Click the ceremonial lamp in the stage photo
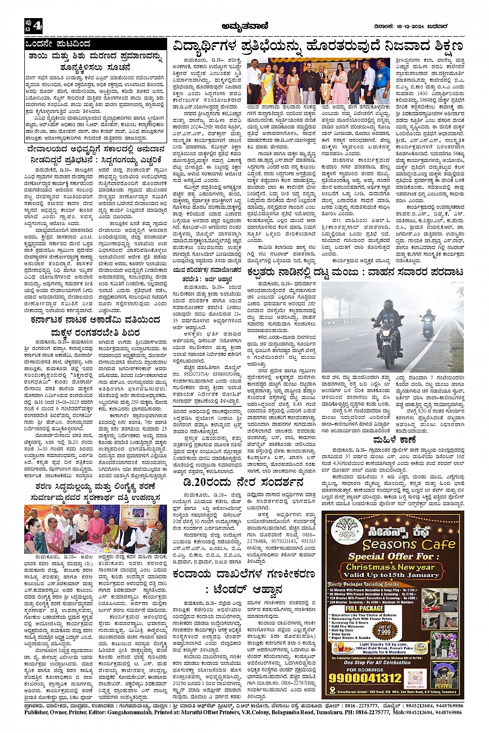coord(327,83)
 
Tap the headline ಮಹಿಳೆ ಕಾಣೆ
coord(393,440)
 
